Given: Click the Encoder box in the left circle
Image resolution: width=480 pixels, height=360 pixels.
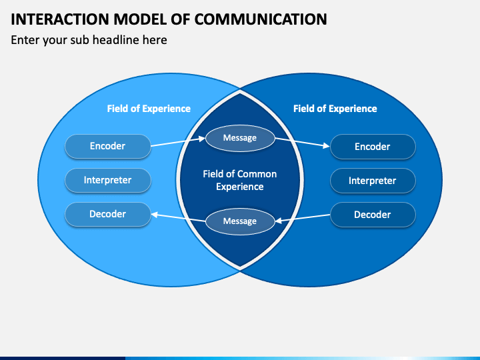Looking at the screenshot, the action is point(108,146).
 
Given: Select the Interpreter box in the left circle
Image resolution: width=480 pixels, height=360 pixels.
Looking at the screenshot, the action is point(108,180).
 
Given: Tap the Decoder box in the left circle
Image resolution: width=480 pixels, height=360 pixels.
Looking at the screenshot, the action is point(108,214).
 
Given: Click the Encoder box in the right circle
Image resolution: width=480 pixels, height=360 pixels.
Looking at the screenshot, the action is point(373,147).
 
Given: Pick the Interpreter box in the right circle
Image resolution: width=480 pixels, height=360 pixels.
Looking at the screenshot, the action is point(373,181).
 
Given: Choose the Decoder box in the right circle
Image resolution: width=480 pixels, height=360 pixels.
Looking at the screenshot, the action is point(373,215).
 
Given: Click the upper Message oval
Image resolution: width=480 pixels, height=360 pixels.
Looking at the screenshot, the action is point(240,138).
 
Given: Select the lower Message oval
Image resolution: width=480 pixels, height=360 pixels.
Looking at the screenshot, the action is point(240,221).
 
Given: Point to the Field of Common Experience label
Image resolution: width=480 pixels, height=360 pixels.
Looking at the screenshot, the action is point(240,180).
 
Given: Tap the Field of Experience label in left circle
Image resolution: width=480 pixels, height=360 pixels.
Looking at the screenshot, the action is point(149,109).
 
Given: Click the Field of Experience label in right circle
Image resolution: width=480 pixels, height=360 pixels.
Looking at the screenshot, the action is point(335,109).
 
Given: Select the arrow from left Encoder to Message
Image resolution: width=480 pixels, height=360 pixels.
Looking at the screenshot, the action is point(178,142).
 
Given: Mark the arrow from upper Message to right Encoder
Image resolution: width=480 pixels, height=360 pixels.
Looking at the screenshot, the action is point(302,143).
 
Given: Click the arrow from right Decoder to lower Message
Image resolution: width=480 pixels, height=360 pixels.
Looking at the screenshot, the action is point(303,218).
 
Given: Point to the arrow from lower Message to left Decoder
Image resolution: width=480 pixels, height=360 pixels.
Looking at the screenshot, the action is point(178,217).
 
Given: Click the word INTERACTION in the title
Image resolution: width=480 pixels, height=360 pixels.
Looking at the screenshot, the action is point(60,19).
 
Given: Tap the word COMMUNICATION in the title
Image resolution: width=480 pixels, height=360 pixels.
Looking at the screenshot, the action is point(261,19).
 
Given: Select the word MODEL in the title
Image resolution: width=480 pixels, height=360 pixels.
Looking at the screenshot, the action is point(140,19).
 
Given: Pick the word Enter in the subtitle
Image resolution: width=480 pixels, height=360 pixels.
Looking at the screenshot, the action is point(25,40).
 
